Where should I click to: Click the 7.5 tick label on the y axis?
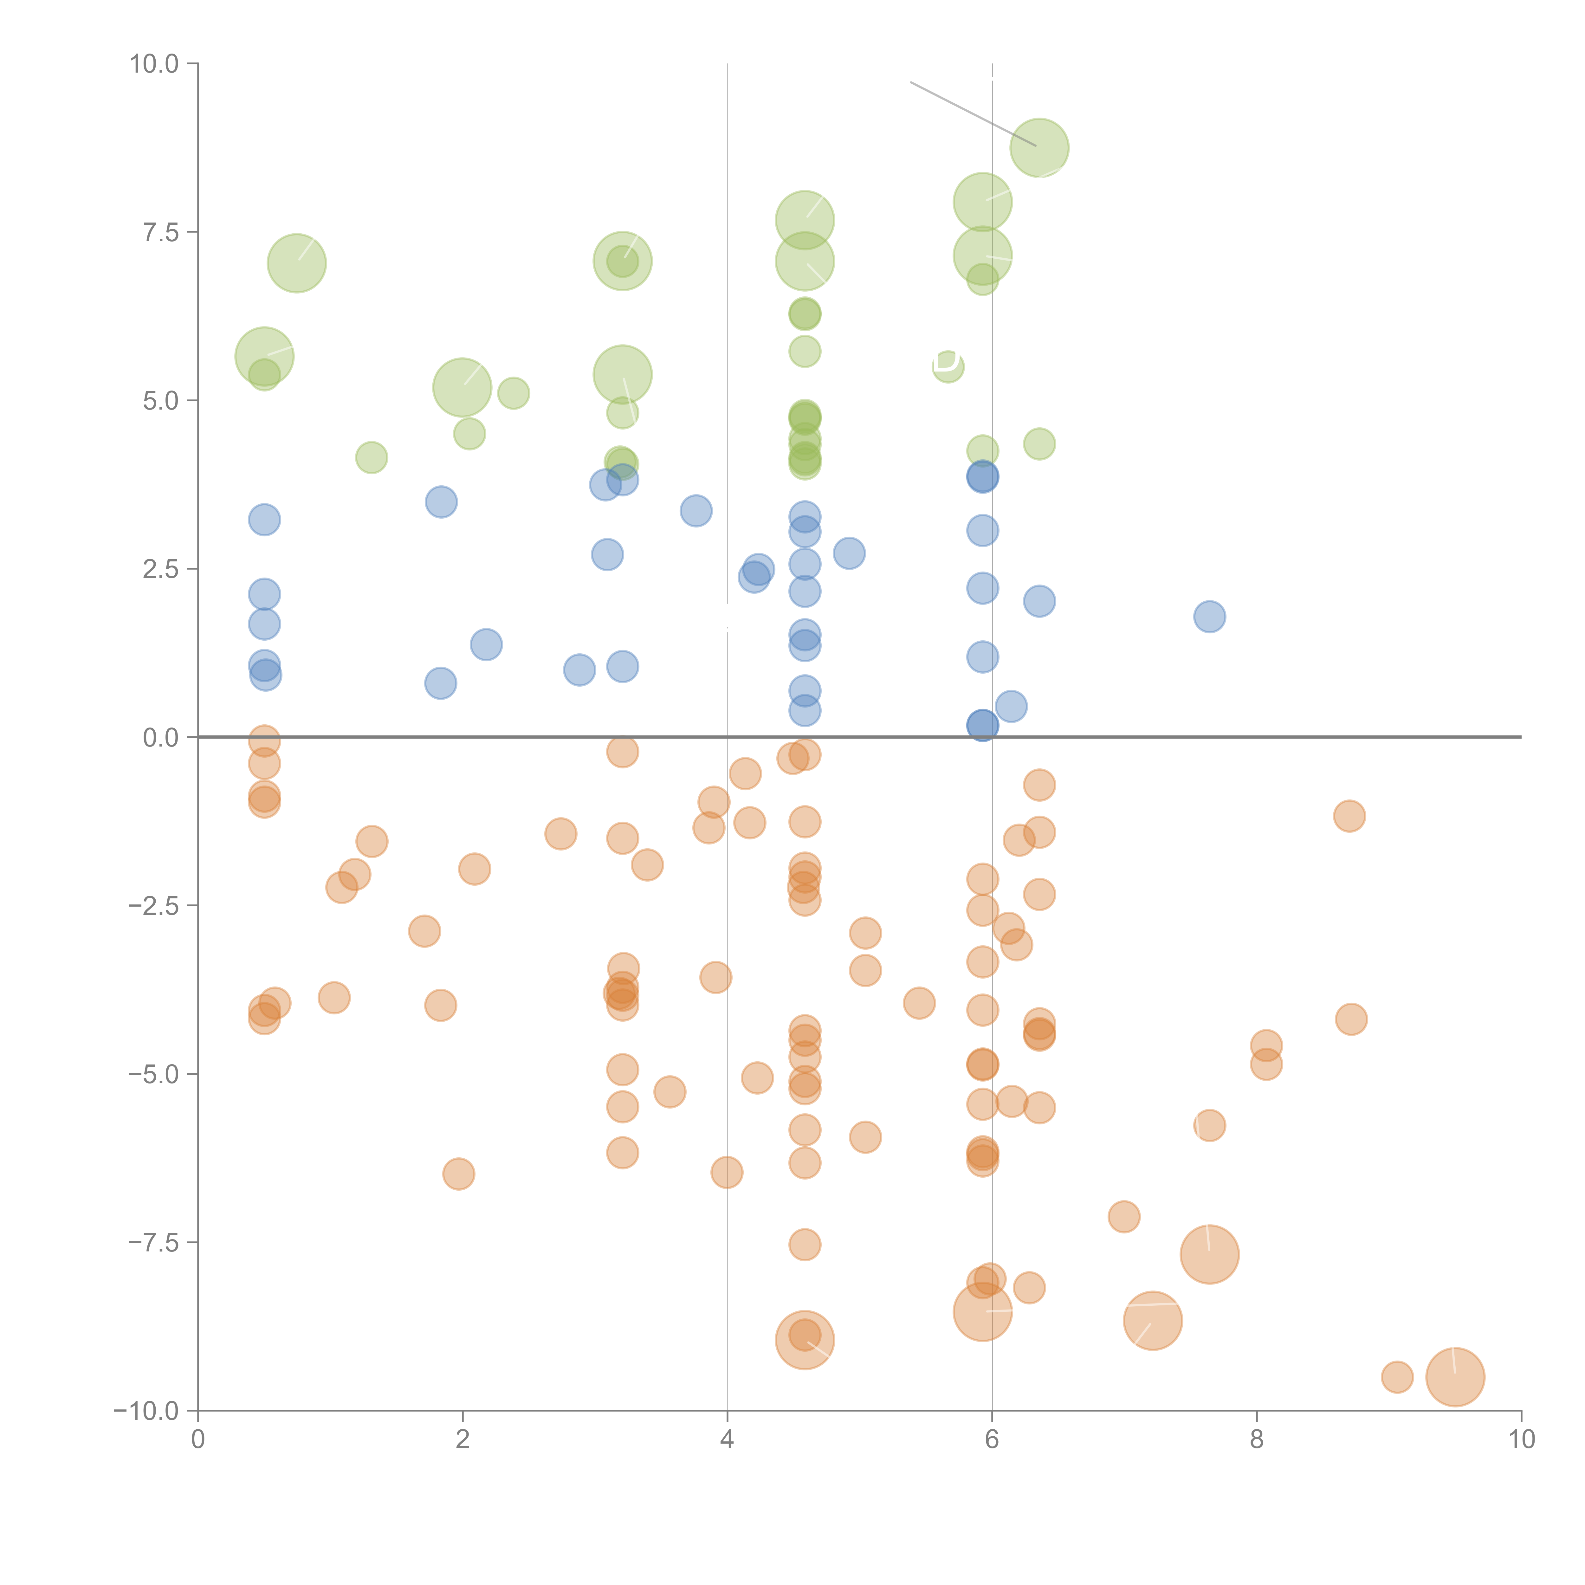[160, 232]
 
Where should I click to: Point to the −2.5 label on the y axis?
[153, 906]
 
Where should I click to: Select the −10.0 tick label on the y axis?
[146, 1411]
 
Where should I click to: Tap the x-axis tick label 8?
[1257, 1440]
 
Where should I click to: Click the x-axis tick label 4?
[727, 1440]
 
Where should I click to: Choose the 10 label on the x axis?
[1521, 1440]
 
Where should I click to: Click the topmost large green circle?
[1039, 148]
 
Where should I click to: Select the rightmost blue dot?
[1209, 616]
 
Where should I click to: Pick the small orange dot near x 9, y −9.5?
[1397, 1377]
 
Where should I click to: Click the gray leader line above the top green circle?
[972, 113]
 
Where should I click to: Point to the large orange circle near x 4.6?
[805, 1340]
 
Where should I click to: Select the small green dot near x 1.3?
[372, 457]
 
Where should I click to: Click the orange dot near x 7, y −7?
[1124, 1216]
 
